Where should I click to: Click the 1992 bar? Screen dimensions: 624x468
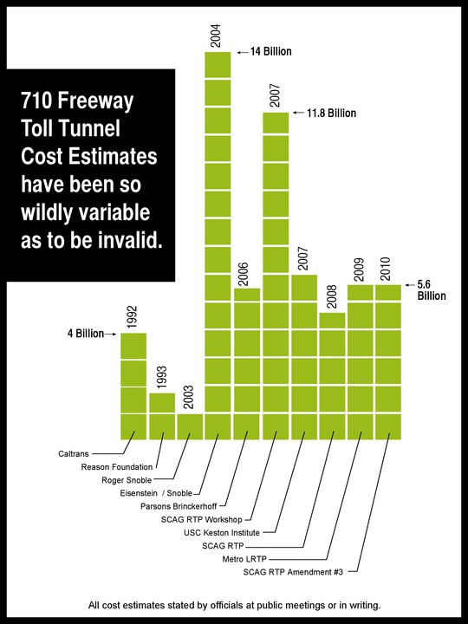click(133, 386)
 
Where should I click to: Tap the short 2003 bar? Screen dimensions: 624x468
click(190, 426)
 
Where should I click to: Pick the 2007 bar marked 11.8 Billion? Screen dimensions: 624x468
click(275, 276)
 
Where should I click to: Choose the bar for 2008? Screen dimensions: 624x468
click(332, 375)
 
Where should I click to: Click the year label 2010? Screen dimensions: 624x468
click(388, 265)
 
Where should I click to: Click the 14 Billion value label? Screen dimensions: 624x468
click(270, 52)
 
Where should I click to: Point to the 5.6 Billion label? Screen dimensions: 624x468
click(431, 289)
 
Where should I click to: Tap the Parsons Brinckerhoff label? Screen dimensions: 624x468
click(180, 506)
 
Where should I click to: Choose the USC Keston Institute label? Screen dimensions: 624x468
click(236, 532)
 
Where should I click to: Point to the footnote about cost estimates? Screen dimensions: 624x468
click(234, 604)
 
